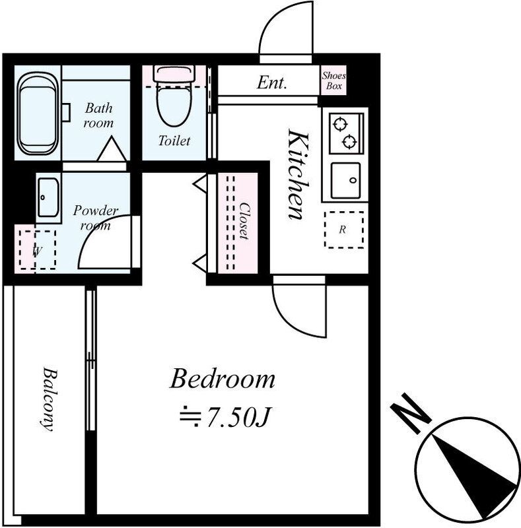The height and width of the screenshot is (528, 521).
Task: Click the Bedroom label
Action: pyautogui.click(x=222, y=379)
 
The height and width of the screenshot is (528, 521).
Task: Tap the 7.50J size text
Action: pyautogui.click(x=225, y=417)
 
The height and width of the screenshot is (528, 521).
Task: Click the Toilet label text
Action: pyautogui.click(x=174, y=141)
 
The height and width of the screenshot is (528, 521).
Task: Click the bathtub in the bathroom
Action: pyautogui.click(x=38, y=114)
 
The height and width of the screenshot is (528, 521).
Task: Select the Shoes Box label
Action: pyautogui.click(x=333, y=81)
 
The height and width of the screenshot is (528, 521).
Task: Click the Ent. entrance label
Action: pyautogui.click(x=271, y=82)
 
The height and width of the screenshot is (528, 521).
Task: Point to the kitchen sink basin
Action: pyautogui.click(x=346, y=180)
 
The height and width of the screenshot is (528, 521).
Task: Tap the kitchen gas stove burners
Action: pyautogui.click(x=346, y=133)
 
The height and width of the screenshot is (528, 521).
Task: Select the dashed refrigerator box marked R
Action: pyautogui.click(x=344, y=230)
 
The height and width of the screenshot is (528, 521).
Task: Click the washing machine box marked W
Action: pyautogui.click(x=38, y=250)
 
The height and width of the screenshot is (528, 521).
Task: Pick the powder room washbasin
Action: pyautogui.click(x=48, y=197)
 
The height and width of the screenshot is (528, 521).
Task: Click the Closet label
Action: pyautogui.click(x=244, y=221)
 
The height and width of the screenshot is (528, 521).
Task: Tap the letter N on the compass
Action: pyautogui.click(x=411, y=413)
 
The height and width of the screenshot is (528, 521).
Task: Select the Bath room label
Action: pyautogui.click(x=98, y=115)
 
